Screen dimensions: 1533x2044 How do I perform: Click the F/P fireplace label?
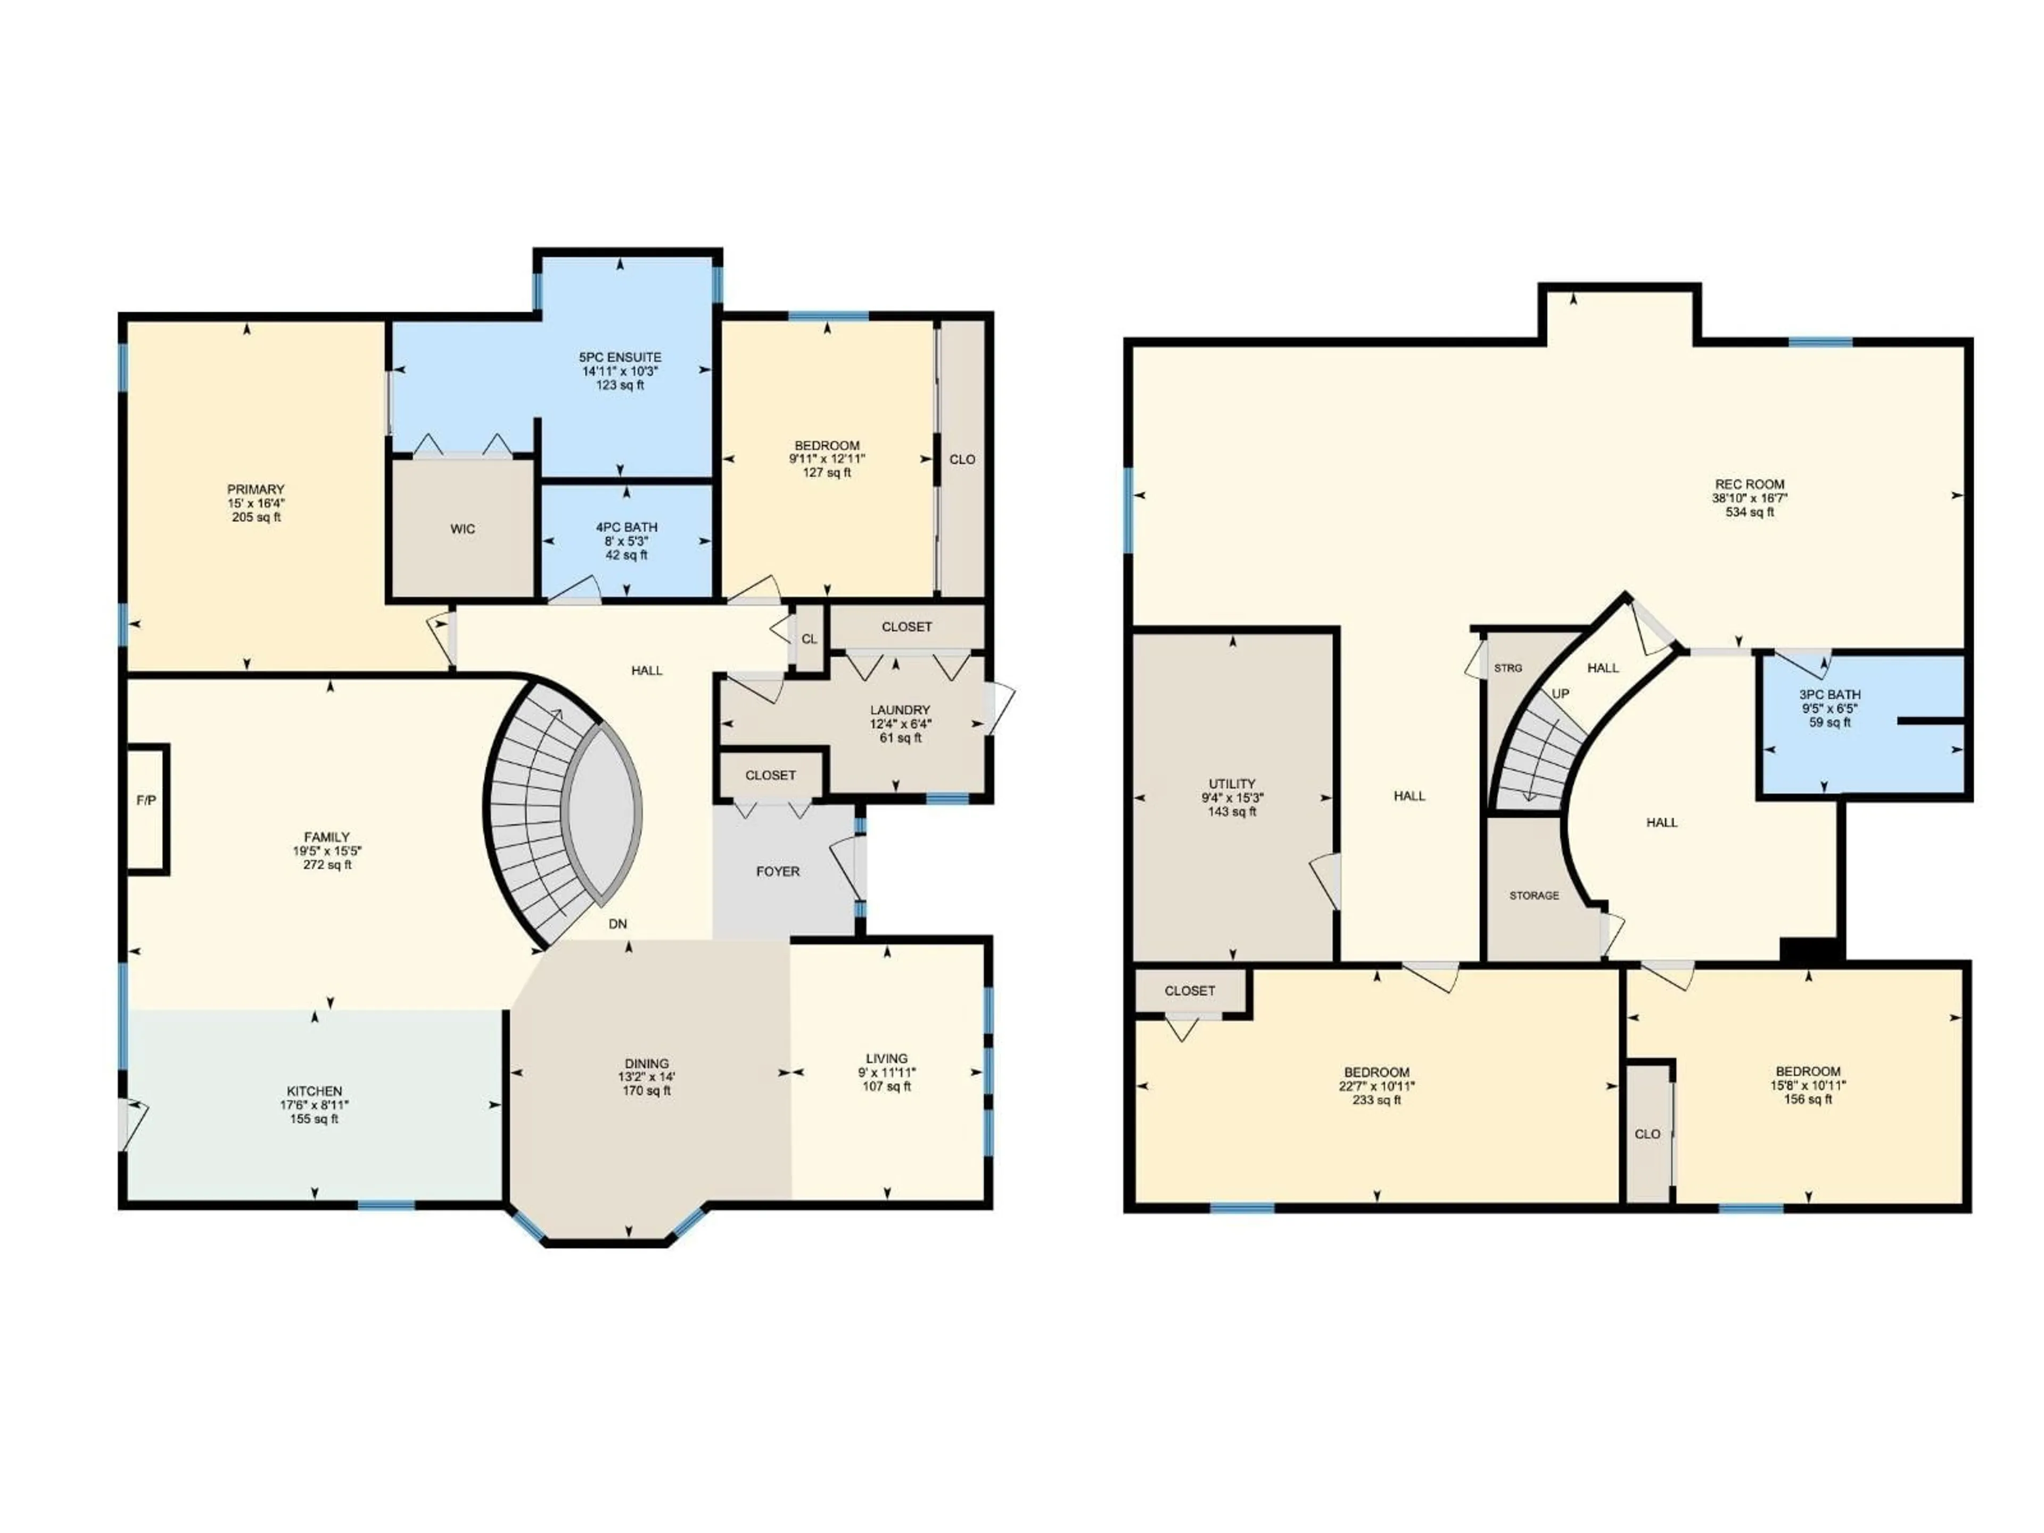pos(146,801)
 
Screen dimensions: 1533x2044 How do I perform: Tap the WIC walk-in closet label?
pos(463,530)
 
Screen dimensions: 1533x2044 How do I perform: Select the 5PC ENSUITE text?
pos(620,358)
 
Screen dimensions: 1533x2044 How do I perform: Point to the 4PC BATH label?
pos(627,528)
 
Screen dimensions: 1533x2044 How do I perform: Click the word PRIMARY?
pos(256,490)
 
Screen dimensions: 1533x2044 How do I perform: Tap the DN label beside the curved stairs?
pos(617,923)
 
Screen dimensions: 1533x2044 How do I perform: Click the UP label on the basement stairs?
pos(1561,694)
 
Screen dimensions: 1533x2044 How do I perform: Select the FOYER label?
pos(778,871)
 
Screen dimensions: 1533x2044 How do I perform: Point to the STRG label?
pos(1508,668)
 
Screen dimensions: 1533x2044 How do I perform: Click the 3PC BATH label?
pos(1829,695)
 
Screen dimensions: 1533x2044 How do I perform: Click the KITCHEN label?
pos(314,1091)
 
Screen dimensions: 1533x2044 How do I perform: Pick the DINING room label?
pos(646,1064)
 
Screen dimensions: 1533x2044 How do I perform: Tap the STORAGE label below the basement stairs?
pos(1534,895)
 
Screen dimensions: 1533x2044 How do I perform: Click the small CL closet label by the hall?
pos(810,639)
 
